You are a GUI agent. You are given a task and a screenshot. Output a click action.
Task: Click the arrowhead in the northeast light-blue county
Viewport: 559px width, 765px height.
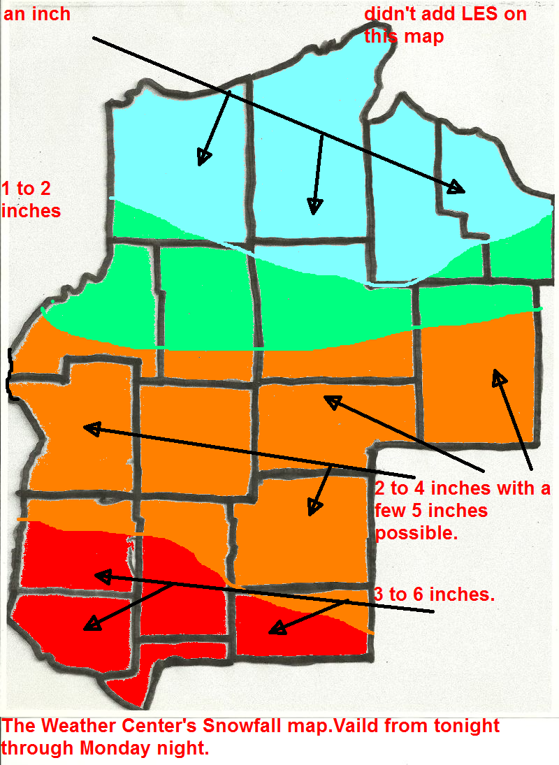tap(457, 187)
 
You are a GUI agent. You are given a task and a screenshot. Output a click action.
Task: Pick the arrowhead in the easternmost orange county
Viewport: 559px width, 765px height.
tap(499, 379)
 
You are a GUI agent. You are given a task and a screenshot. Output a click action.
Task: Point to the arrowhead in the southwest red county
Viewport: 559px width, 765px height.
tap(91, 623)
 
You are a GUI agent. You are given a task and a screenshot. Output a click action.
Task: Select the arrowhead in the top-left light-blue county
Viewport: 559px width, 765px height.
tap(203, 158)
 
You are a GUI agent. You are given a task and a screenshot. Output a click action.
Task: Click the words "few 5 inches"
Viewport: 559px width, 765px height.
tap(431, 511)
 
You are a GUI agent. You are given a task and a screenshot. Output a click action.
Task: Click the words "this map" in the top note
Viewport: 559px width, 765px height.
tap(404, 36)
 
